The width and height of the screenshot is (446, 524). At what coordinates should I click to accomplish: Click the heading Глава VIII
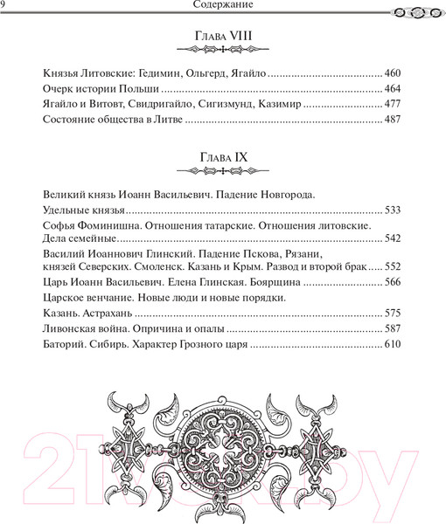pyautogui.click(x=224, y=38)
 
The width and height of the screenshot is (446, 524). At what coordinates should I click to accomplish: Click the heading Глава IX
pyautogui.click(x=224, y=157)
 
